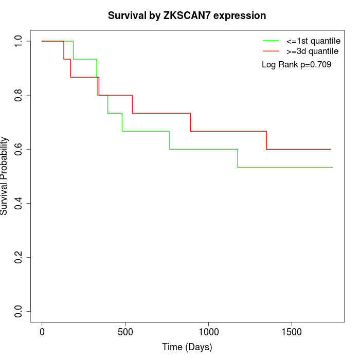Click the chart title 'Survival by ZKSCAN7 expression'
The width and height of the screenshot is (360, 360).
(x=187, y=16)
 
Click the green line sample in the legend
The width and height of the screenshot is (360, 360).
(x=271, y=41)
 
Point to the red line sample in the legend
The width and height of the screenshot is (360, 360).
(x=271, y=51)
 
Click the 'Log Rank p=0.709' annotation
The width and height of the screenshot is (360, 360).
(x=296, y=65)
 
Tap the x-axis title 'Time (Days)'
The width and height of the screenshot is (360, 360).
(x=187, y=347)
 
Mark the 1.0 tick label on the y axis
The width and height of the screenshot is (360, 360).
(x=19, y=41)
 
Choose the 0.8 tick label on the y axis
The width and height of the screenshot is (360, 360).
(x=19, y=95)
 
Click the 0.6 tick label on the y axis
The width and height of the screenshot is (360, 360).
(x=19, y=149)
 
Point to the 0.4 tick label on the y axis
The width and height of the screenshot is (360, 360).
(x=19, y=203)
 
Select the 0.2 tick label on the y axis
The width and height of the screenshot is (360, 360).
(x=19, y=257)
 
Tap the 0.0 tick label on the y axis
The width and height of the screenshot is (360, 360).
(x=19, y=311)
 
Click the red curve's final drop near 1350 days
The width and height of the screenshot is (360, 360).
(x=266, y=140)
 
